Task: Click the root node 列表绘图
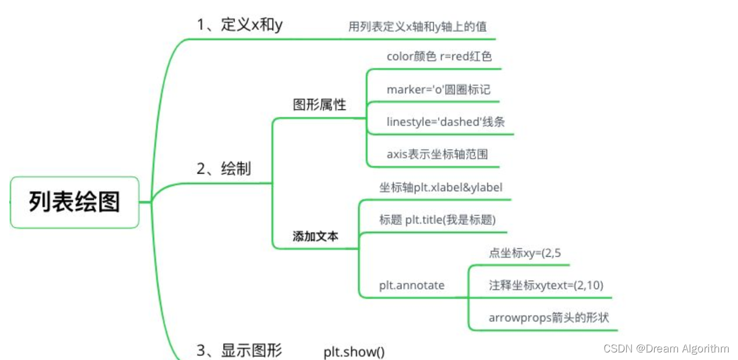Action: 75,202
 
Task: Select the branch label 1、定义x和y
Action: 239,25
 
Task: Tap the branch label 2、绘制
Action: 224,169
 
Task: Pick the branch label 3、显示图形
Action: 239,351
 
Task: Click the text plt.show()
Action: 354,352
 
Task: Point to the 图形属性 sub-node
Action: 319,105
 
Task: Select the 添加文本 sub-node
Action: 315,237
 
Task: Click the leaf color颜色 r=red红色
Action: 439,57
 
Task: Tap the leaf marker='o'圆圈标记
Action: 438,90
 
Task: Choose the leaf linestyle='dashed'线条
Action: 446,122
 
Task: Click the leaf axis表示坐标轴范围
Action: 437,154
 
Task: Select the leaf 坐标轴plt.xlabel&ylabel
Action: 440,188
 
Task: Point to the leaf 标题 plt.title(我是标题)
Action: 437,220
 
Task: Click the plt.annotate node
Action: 412,285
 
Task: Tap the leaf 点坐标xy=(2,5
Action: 525,253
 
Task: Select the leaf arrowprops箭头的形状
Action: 549,318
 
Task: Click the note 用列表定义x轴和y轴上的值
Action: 417,26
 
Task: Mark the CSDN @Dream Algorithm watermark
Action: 666,349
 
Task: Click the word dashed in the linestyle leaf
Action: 461,122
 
